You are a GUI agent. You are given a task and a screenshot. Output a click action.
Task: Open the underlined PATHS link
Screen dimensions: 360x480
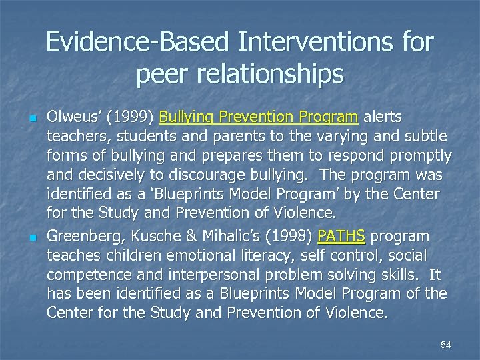[341, 237]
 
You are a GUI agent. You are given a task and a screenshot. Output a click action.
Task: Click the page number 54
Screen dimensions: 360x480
[446, 345]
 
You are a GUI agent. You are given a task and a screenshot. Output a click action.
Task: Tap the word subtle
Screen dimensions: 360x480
[426, 137]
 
